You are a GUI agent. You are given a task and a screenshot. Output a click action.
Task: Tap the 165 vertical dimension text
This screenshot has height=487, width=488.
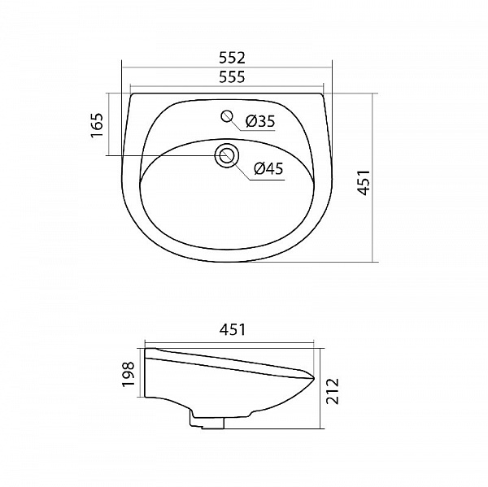click(96, 126)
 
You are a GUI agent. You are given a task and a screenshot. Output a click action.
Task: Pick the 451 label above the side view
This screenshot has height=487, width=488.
click(232, 330)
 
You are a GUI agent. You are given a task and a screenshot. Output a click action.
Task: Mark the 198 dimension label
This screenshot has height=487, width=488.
click(128, 376)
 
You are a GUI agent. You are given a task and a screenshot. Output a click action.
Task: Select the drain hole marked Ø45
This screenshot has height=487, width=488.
click(227, 154)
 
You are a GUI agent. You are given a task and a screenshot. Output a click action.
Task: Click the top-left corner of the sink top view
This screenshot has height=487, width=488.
click(130, 94)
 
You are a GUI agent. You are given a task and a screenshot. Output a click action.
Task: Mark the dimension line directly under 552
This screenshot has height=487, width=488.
click(227, 68)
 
